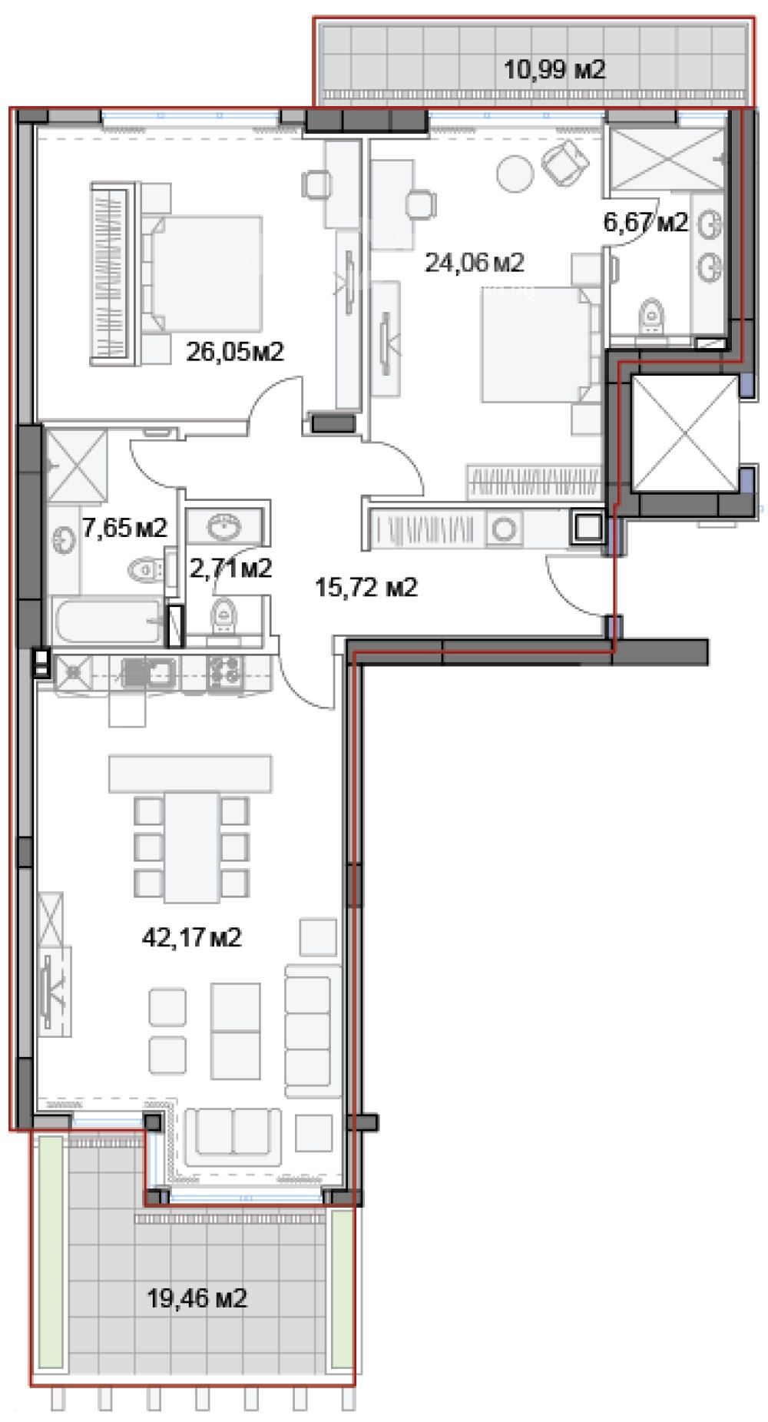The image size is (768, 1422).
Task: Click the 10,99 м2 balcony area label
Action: (x=554, y=71)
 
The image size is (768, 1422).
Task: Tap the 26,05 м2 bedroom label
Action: (x=235, y=352)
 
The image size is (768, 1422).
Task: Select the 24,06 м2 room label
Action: (x=475, y=263)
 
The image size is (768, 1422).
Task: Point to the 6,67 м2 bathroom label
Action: (x=646, y=223)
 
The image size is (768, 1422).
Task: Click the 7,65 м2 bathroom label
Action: (x=124, y=528)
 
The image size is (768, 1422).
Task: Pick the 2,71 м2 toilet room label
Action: (x=230, y=568)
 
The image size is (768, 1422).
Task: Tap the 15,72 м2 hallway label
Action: (x=366, y=588)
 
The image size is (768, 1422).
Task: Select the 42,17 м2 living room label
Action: (x=192, y=937)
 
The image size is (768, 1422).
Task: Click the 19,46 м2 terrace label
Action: (x=197, y=1299)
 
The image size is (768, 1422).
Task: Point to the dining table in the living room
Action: (x=191, y=847)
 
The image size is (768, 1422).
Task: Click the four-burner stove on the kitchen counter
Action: (x=225, y=672)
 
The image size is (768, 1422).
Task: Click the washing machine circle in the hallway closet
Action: (x=505, y=529)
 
